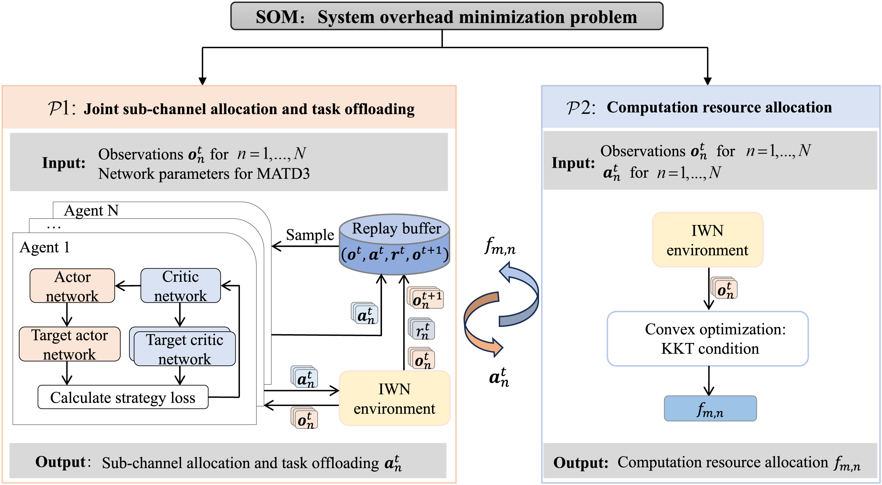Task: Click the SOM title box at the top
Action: [446, 16]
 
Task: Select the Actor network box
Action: [72, 286]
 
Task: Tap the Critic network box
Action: [180, 285]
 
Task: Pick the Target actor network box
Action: [70, 344]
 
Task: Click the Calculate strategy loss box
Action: [123, 397]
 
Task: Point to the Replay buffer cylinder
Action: [394, 244]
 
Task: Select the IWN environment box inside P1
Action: [394, 398]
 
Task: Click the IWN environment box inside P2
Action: [707, 240]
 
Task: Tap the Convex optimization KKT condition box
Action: [708, 339]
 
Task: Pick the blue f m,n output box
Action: [710, 409]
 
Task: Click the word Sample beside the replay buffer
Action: [310, 235]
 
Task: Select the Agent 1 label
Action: [45, 247]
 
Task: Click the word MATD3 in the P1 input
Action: [283, 174]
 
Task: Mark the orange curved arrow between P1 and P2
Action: [483, 323]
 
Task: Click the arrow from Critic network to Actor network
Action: [128, 285]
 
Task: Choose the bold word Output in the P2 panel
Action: [581, 463]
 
